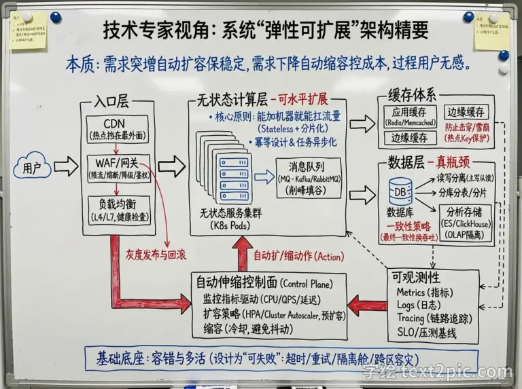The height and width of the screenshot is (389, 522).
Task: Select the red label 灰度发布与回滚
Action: coord(156,255)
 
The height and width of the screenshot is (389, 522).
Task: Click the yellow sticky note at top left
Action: coord(27,31)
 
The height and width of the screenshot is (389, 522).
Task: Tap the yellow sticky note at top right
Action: coord(491,31)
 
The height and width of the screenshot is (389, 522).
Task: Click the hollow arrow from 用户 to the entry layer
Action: coord(66,165)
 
